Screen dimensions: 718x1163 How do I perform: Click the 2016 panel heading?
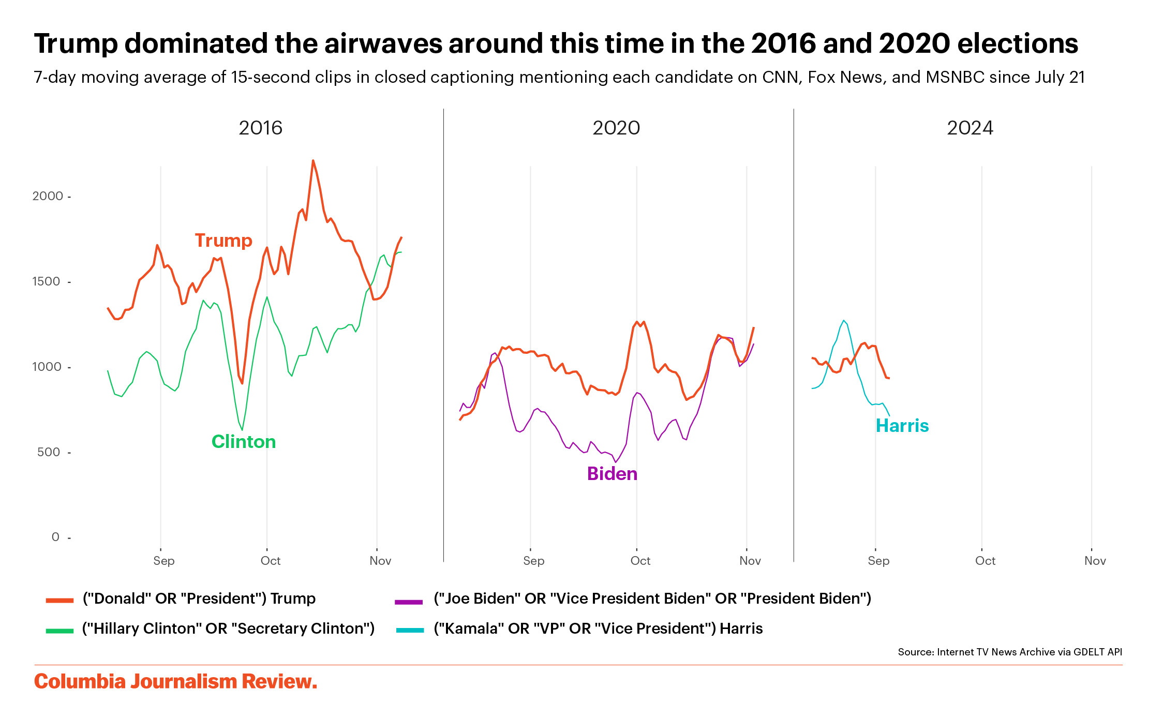click(260, 128)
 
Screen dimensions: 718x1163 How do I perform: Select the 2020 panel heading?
click(616, 128)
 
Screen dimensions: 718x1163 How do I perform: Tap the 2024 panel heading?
click(970, 128)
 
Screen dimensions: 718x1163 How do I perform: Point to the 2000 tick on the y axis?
click(48, 196)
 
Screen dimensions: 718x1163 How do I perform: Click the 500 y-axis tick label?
click(49, 452)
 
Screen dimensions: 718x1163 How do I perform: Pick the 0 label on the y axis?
click(55, 537)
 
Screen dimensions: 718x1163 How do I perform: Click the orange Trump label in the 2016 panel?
click(223, 241)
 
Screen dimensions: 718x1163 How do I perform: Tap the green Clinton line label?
click(244, 442)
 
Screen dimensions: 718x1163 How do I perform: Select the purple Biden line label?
click(612, 474)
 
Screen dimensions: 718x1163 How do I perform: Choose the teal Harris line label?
click(902, 426)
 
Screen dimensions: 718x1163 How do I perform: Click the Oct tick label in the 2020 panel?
click(640, 561)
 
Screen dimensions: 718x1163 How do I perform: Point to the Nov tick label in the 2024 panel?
click(1095, 561)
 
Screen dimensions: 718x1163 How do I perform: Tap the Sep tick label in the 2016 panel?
click(164, 561)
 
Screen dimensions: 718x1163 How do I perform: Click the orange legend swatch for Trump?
click(59, 601)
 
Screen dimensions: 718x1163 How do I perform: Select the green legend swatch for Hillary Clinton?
click(59, 631)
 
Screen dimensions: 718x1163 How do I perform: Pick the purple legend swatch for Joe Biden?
click(409, 602)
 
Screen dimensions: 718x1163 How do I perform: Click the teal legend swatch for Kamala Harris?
click(410, 630)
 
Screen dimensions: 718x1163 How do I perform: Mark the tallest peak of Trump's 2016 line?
click(313, 161)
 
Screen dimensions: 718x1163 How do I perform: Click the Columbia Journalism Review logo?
click(175, 682)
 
